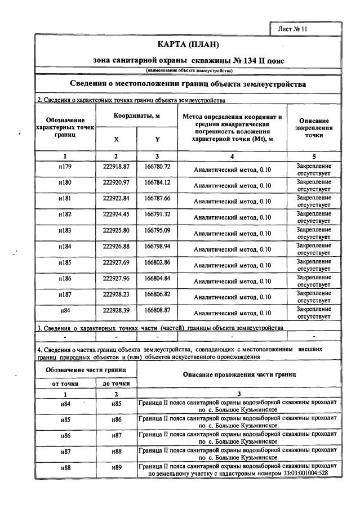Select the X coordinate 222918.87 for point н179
tap(117, 167)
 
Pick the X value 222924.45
tap(117, 214)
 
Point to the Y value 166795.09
tap(157, 230)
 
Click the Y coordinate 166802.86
tap(157, 262)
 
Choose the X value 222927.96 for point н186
tap(117, 278)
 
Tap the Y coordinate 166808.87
tap(157, 310)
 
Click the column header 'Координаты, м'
tap(137, 115)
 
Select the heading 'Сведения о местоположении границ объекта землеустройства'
tap(188, 84)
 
